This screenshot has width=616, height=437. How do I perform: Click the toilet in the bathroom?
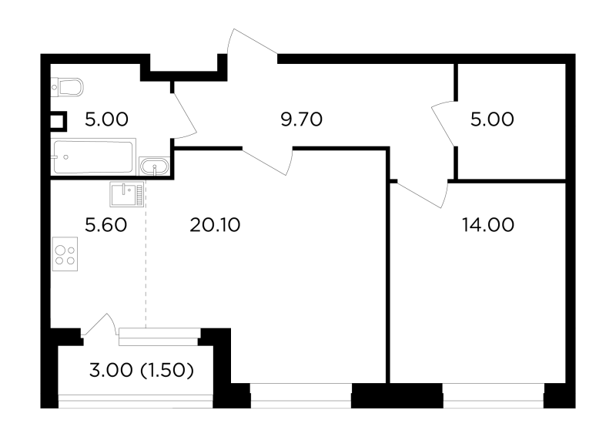click(67, 87)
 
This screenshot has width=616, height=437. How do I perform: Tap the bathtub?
click(93, 157)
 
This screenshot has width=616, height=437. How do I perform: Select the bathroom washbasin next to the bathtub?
click(155, 166)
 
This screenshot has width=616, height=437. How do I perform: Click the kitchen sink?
click(127, 194)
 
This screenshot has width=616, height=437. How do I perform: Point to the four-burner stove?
click(65, 254)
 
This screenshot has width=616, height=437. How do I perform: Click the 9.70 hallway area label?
click(302, 119)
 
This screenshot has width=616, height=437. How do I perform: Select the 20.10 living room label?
click(215, 225)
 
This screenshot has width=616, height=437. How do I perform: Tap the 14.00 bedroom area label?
click(488, 225)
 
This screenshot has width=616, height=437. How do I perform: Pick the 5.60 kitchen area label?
click(106, 225)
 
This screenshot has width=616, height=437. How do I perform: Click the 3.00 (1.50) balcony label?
click(142, 371)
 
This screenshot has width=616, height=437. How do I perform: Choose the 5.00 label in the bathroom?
click(106, 119)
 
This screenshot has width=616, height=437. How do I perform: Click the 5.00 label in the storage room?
click(492, 119)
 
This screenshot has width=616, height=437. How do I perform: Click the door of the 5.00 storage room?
click(444, 123)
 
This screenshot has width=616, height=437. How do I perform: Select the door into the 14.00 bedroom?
click(423, 193)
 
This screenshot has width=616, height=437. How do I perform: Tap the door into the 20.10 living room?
click(268, 160)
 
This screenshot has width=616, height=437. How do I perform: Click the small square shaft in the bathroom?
click(59, 122)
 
